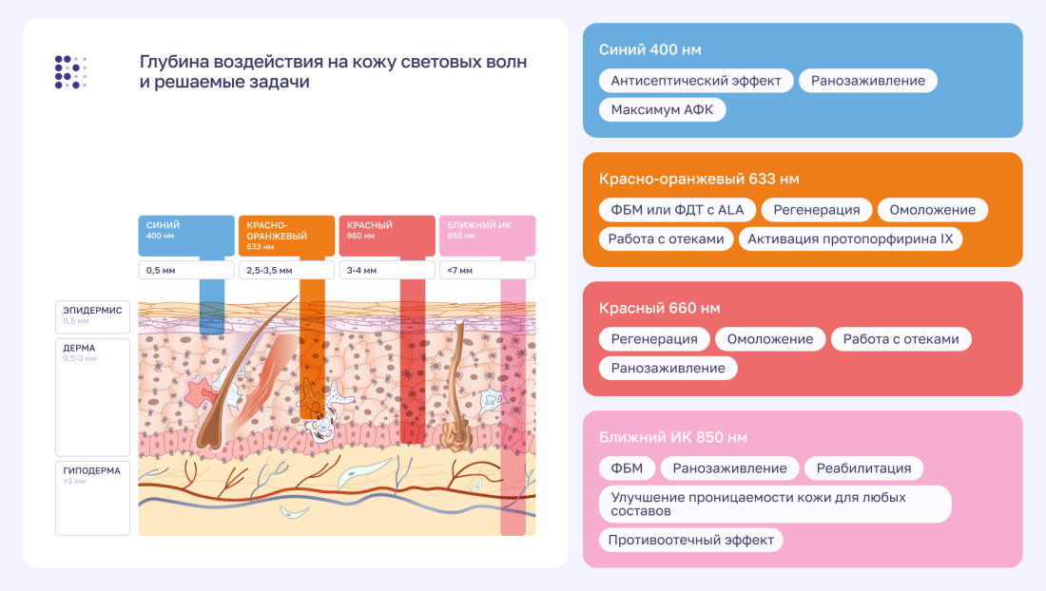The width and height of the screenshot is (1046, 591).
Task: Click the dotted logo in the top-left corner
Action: point(70,72)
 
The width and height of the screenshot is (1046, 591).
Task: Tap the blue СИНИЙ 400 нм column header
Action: point(185,235)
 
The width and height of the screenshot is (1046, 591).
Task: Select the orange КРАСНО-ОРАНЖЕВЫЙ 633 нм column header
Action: point(286,235)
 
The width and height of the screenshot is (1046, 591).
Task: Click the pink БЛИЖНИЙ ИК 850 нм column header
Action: point(487,235)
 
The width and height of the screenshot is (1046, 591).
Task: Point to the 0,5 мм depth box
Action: point(185,271)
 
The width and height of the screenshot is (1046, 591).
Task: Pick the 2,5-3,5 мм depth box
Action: point(286,271)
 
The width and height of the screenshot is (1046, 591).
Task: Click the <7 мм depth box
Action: point(487,271)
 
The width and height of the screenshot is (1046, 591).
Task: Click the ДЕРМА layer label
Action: point(92,353)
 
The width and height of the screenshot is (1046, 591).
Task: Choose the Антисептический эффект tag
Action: point(696,81)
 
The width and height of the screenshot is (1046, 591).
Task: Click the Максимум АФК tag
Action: point(662,110)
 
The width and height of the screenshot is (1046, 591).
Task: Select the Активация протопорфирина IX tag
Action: point(850,239)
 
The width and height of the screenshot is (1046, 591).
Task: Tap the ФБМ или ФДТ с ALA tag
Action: point(677,210)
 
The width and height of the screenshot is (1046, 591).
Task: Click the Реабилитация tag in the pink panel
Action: point(863,468)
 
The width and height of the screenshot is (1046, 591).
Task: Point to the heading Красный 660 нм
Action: point(659,309)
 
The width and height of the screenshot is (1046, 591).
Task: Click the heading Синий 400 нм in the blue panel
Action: point(650,49)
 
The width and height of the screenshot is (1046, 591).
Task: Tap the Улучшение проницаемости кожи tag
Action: point(774,504)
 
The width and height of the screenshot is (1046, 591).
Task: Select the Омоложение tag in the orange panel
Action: point(932,210)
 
